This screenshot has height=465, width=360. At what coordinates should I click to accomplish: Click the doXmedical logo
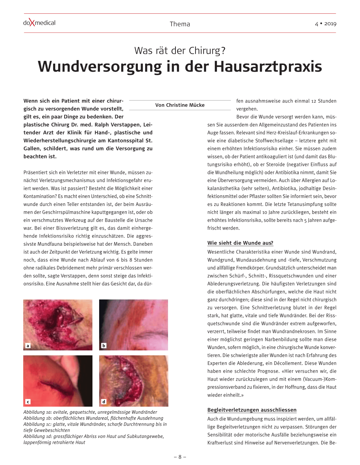[x=39, y=23]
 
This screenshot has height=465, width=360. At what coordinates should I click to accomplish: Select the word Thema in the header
[x=180, y=24]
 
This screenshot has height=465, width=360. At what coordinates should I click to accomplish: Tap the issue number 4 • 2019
[x=326, y=24]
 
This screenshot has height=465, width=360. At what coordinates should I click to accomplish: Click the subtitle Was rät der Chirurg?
[x=180, y=51]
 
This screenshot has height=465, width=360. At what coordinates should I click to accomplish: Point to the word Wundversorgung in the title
[x=100, y=67]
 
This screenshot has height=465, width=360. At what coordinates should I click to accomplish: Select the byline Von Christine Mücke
[x=180, y=105]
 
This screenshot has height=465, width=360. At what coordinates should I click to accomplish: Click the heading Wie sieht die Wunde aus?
[x=240, y=243]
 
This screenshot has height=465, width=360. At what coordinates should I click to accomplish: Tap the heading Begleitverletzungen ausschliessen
[x=252, y=410]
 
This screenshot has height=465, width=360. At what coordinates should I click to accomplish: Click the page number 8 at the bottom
[x=180, y=457]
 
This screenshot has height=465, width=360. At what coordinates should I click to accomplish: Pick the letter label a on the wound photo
[x=28, y=346]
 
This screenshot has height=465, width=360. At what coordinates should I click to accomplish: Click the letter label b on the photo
[x=104, y=346]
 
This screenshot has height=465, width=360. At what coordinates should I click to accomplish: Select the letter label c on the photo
[x=28, y=402]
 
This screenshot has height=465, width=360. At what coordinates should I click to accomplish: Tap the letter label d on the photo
[x=104, y=402]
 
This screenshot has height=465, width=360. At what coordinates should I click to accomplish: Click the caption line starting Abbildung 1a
[x=90, y=412]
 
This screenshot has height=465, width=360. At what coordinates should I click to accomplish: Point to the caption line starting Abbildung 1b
[x=93, y=418]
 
